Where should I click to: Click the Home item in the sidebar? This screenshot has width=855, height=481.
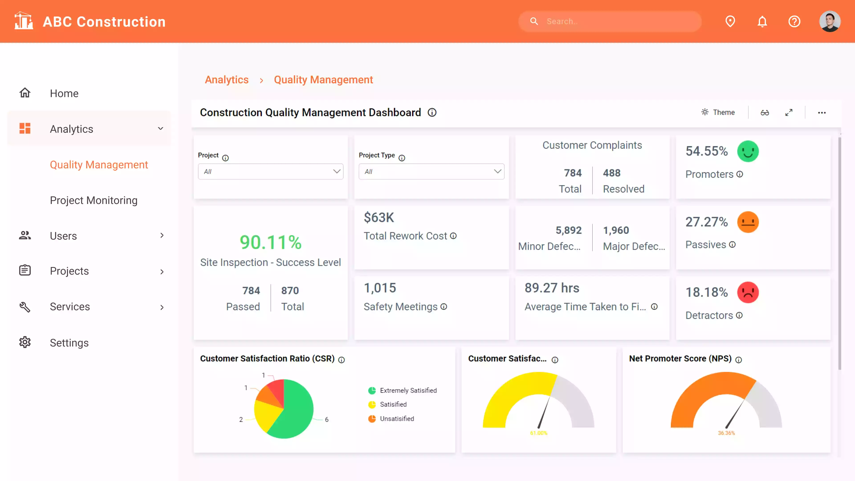(64, 93)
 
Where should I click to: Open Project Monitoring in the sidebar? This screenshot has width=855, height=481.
(94, 200)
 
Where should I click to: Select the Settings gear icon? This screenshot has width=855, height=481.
(25, 342)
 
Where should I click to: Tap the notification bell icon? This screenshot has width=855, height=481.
(762, 22)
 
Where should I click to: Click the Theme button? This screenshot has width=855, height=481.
(718, 112)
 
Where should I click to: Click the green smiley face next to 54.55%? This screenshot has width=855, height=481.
(748, 151)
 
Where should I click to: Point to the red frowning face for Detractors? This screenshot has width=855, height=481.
(748, 292)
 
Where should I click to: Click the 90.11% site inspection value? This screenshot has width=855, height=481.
(271, 242)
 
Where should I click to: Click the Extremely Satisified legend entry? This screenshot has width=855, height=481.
(408, 390)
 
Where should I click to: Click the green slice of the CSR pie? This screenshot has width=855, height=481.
(295, 412)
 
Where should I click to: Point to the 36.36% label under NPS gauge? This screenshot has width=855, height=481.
(726, 433)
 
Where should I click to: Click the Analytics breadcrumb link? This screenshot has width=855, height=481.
(227, 80)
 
